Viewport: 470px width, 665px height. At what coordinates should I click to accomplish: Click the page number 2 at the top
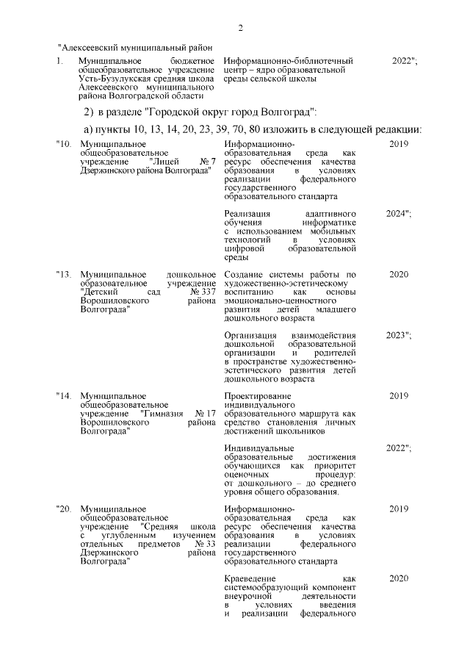pos(240,28)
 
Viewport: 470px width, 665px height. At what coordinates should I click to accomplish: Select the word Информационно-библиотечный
pos(288,60)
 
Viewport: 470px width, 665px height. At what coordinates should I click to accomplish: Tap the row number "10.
pos(64,144)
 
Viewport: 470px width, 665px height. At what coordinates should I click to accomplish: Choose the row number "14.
pos(64,397)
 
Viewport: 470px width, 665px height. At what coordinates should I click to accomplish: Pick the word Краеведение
pos(253,578)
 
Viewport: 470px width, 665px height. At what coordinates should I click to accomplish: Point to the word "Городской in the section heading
pos(177,112)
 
